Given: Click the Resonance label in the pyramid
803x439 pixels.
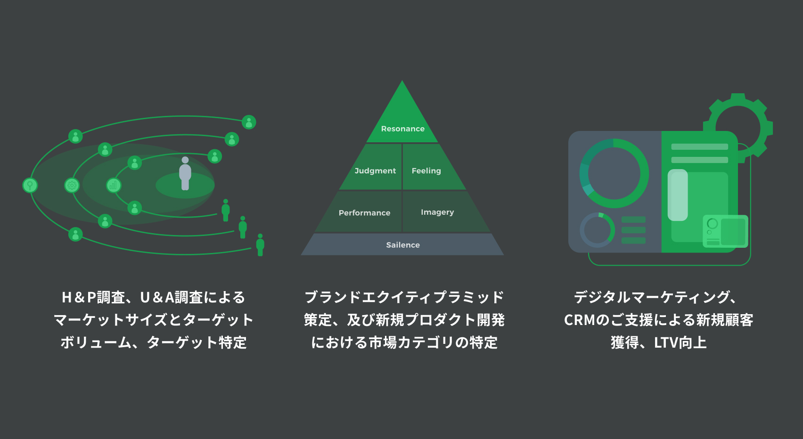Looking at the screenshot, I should [402, 129].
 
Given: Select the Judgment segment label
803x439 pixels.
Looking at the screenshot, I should [375, 171].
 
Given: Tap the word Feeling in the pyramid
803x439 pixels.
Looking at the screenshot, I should [426, 171].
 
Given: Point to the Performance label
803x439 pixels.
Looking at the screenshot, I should [364, 212].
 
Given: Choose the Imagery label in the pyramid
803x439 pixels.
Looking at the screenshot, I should [437, 212].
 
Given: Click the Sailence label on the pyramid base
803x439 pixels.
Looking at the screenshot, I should [402, 245].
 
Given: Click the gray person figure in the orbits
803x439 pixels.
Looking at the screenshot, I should [185, 173].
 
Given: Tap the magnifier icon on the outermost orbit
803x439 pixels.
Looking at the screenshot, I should [30, 185].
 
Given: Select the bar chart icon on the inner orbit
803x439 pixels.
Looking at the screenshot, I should [113, 185].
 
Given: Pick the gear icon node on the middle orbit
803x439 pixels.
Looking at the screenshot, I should [72, 185].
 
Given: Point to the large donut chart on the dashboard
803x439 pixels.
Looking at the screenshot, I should [614, 173].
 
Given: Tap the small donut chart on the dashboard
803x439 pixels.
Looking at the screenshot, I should [597, 230].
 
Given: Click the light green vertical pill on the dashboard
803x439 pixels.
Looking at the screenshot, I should [678, 195].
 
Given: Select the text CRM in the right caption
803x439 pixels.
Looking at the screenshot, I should [580, 320].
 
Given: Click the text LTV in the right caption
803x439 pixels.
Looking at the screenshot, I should [667, 342].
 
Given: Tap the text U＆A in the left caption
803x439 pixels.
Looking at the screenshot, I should [157, 297].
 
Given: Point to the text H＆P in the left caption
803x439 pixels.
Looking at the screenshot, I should [79, 297].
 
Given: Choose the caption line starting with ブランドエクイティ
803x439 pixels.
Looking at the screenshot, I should [404, 297].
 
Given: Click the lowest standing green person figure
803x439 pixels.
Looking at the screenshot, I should [260, 244].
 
